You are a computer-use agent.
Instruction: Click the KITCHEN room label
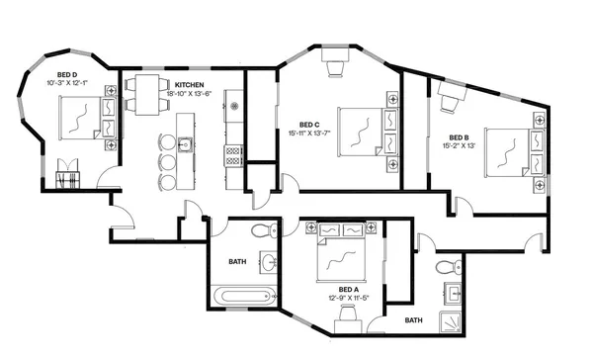(191, 85)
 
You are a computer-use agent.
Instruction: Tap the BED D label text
(67, 75)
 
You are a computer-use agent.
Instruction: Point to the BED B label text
(459, 137)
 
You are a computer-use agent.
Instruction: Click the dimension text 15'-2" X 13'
(459, 145)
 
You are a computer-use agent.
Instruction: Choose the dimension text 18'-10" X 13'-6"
(197, 94)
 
